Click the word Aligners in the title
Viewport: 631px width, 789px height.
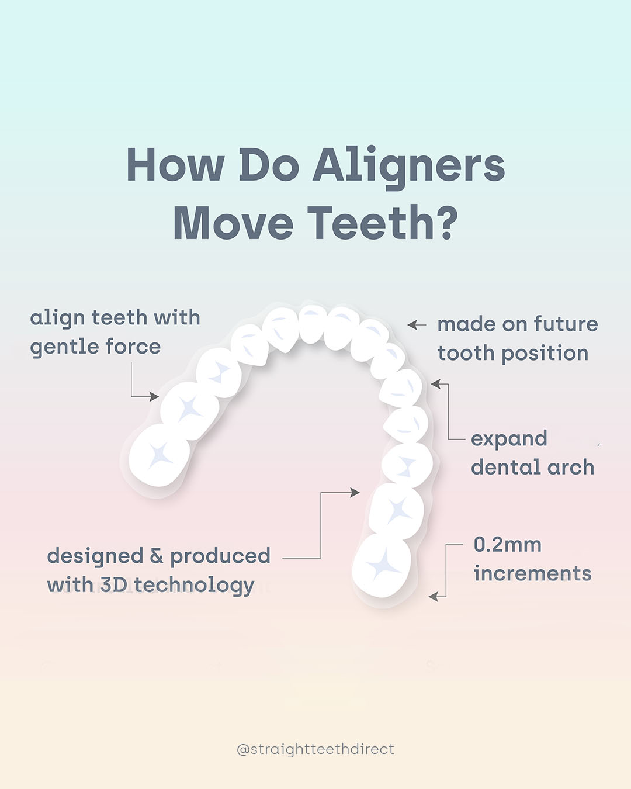[x=409, y=167]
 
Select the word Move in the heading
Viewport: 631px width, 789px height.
[x=233, y=223]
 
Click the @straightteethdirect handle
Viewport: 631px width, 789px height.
[x=315, y=749]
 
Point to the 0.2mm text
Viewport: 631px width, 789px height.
[x=508, y=545]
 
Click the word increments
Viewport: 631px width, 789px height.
[x=532, y=574]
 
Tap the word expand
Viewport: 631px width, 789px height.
[x=509, y=440]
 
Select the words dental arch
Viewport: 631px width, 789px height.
[x=532, y=467]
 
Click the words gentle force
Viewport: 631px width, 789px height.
[x=95, y=347]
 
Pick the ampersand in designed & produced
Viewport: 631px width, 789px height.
[x=157, y=556]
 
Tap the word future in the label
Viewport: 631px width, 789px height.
[x=566, y=324]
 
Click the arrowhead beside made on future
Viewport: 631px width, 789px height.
[x=412, y=325]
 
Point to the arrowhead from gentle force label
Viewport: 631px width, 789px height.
[x=154, y=396]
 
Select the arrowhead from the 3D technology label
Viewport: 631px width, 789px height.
[x=355, y=492]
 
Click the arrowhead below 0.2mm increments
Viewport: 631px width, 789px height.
[x=434, y=597]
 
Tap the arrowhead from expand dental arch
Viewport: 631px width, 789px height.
[x=436, y=384]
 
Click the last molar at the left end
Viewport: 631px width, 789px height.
[x=159, y=455]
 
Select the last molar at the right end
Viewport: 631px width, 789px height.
[x=382, y=565]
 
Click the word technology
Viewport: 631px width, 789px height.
[x=195, y=586]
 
